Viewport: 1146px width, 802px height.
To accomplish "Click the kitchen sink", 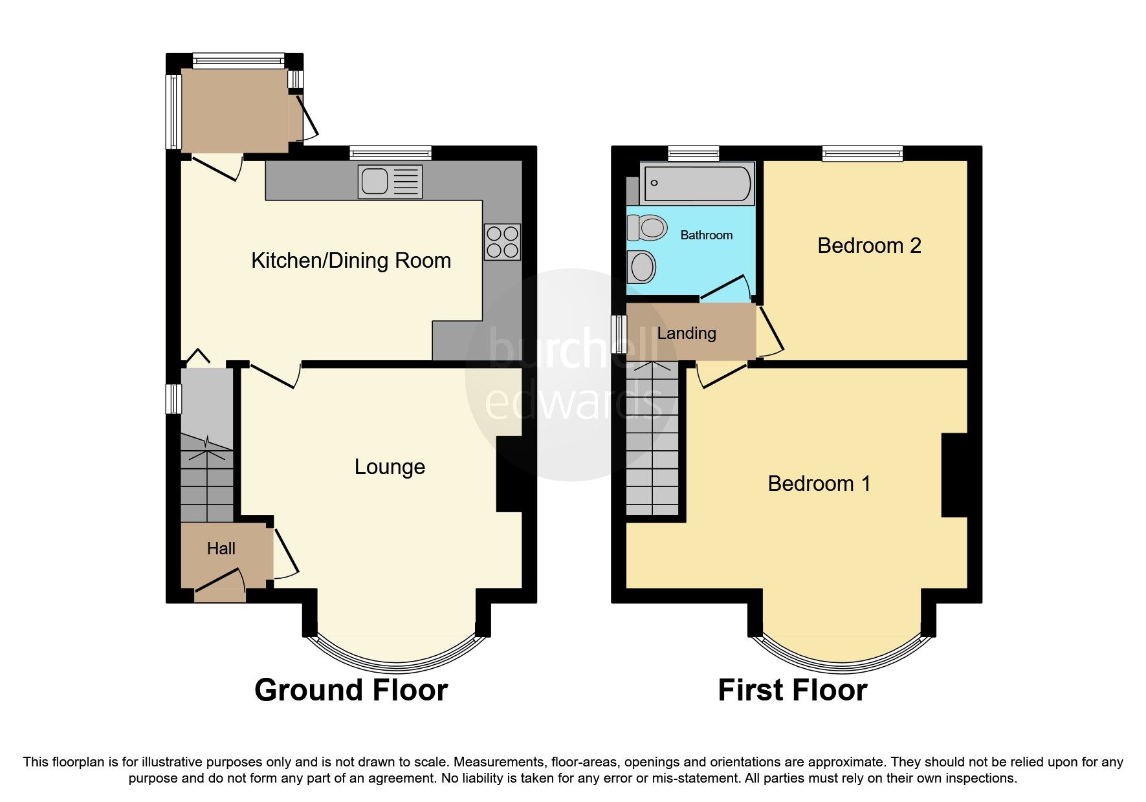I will point(390,181).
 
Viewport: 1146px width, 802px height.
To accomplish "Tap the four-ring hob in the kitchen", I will point(502,242).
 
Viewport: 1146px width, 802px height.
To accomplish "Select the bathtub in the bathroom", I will point(696,183).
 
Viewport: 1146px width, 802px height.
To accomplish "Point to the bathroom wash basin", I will point(643,266).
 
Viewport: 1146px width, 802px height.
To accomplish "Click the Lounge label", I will point(390,467).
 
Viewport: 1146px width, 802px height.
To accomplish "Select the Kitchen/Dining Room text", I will point(351,261).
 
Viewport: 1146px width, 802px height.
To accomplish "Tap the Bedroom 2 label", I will point(869,246).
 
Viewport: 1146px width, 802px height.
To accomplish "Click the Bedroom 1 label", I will point(819,484).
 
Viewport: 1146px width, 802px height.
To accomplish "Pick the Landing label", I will point(687,333).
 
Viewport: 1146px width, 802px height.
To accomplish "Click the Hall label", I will point(221,548).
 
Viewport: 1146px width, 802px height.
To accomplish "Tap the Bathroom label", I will point(706,235).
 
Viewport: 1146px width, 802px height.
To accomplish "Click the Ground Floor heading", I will point(351,690).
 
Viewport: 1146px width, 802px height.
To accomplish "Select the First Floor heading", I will point(792,690).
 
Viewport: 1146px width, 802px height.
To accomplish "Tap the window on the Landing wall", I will point(619,334).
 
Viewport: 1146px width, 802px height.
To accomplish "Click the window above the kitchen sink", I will point(390,153).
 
